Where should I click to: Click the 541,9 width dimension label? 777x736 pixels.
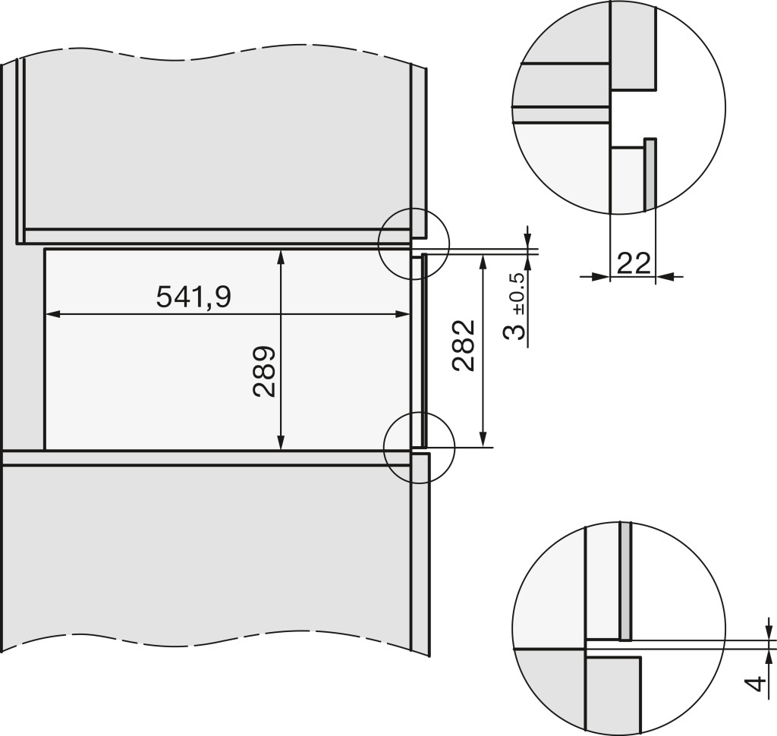coord(193,297)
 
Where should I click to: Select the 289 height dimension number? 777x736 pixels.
coord(264,372)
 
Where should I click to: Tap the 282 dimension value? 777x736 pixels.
coord(464,345)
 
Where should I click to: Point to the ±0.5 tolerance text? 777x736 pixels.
coord(519,294)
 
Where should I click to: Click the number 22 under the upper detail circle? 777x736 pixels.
coord(634,263)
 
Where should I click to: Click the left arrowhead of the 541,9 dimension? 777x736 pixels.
coord(52,313)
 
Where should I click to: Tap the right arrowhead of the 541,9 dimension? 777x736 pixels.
coord(402,313)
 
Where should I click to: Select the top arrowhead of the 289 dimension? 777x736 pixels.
coord(281,257)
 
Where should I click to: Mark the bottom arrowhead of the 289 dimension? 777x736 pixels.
coord(281,442)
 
